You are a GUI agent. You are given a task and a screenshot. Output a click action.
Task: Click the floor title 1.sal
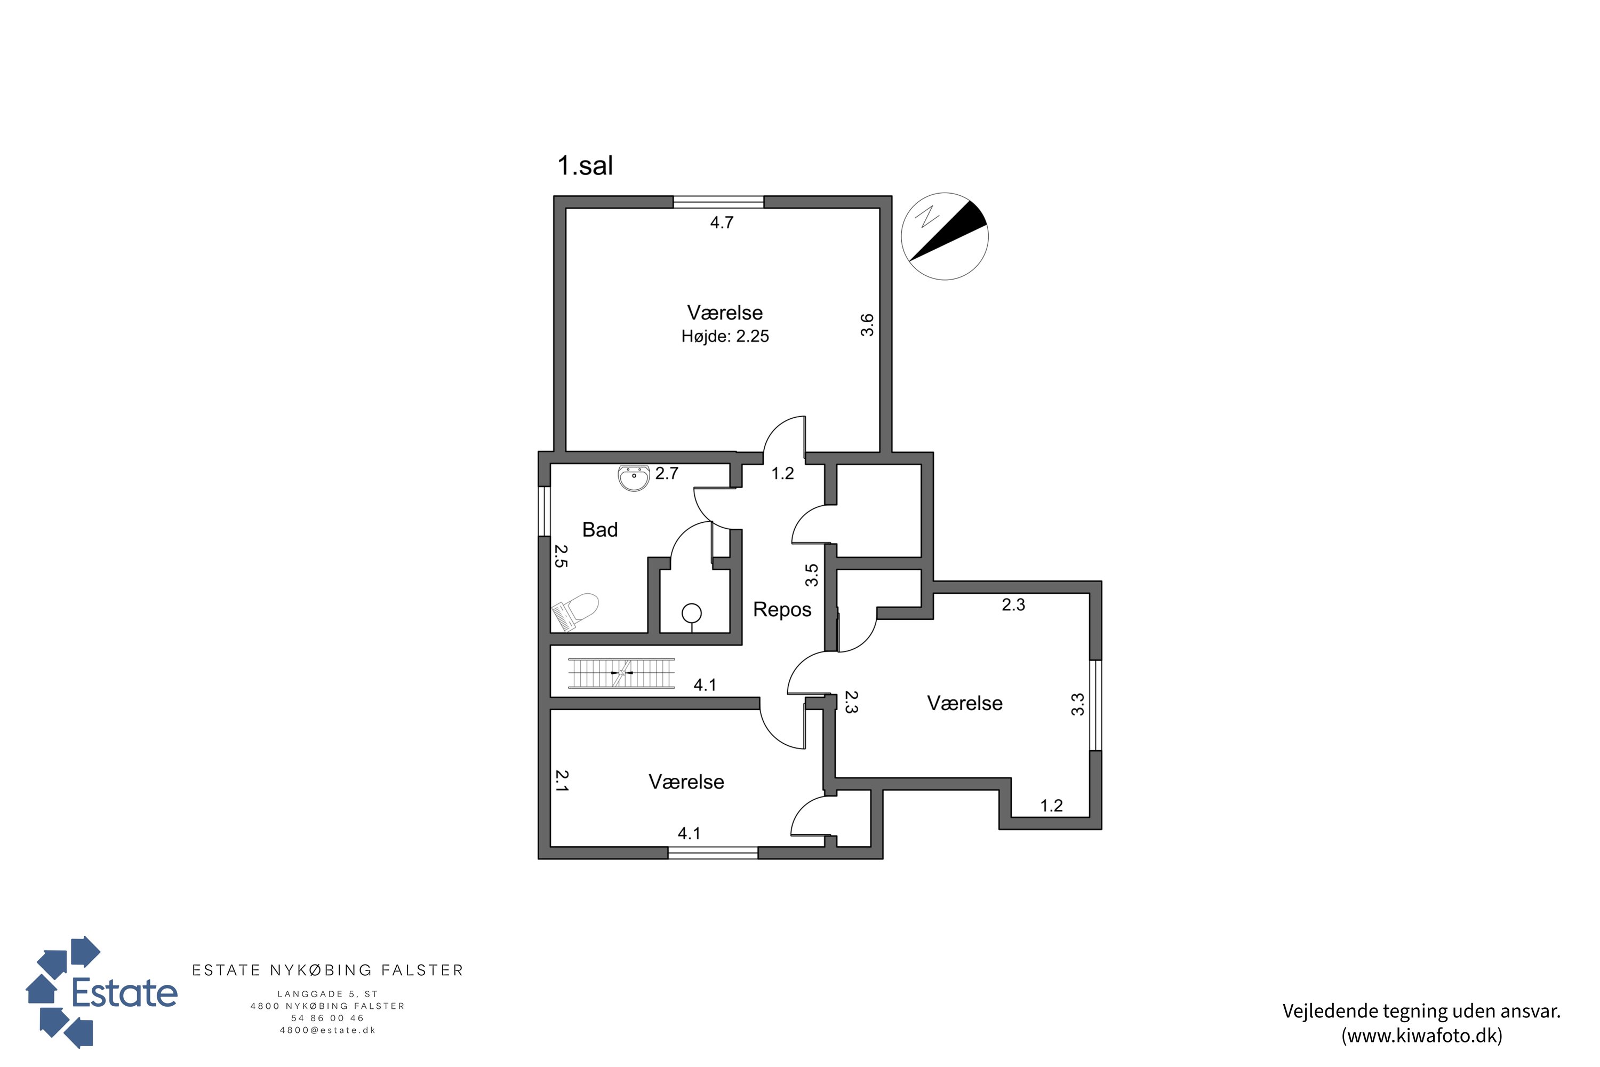(x=585, y=165)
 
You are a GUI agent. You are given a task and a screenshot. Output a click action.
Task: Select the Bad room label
(x=600, y=529)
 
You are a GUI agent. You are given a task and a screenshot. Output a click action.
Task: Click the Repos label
(x=782, y=609)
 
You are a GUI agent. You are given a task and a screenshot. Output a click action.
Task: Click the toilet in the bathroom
(x=575, y=611)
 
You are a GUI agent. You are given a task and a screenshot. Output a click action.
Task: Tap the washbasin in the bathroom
(x=634, y=477)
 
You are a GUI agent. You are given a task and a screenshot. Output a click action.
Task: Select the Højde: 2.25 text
(x=725, y=336)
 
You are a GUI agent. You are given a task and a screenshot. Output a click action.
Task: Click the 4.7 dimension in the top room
(x=722, y=222)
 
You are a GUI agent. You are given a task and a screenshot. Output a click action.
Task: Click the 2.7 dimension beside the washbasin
(x=667, y=473)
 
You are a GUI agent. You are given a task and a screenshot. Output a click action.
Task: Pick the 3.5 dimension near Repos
(x=812, y=575)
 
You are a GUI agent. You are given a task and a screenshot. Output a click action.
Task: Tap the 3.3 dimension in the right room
(x=1077, y=704)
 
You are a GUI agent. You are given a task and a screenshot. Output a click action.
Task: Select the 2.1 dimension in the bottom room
(x=561, y=781)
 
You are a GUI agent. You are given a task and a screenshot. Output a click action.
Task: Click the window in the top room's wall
(x=718, y=202)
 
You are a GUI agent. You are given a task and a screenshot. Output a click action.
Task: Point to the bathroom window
(x=544, y=511)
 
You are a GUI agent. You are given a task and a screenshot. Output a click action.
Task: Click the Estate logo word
(x=124, y=993)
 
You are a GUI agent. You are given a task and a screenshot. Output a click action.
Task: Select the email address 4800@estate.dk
(x=328, y=1030)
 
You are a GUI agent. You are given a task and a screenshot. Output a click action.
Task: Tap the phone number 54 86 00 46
(x=328, y=1018)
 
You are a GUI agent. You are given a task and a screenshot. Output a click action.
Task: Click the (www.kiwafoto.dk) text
(x=1422, y=1036)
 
